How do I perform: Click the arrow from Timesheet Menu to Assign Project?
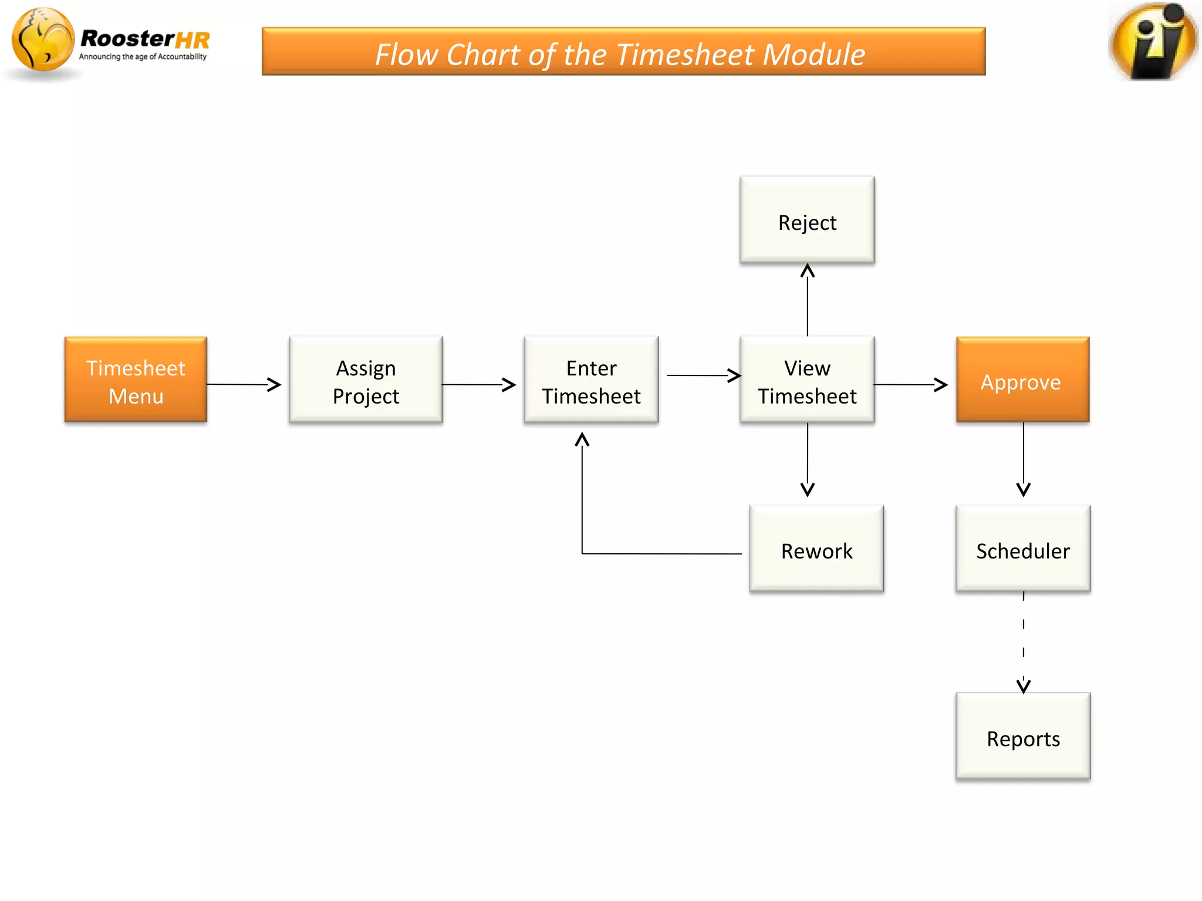[x=244, y=385]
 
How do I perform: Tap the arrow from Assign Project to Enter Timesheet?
[x=478, y=385]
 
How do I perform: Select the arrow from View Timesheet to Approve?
[x=910, y=385]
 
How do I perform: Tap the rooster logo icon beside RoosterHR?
[x=42, y=40]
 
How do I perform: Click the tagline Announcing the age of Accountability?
[x=143, y=57]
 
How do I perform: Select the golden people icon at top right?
[x=1153, y=41]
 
